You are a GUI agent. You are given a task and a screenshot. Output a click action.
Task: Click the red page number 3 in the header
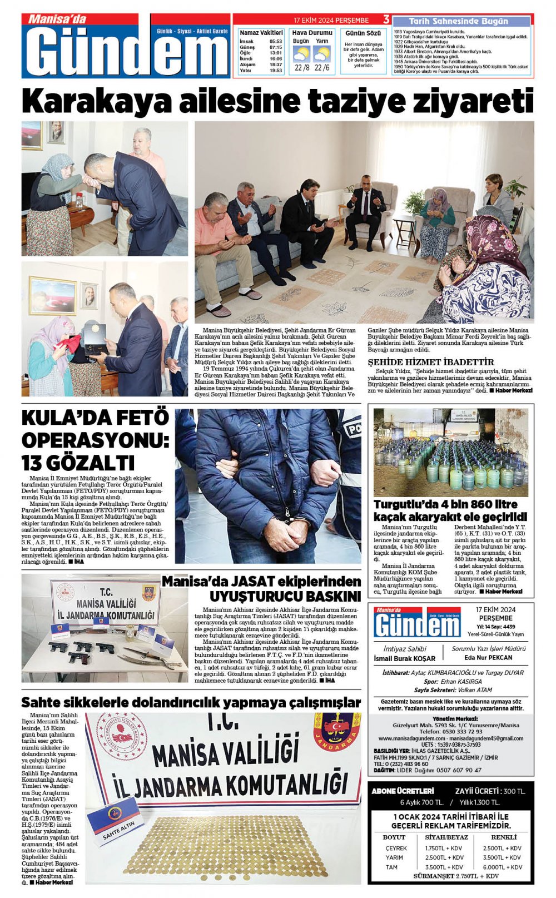pyautogui.click(x=386, y=20)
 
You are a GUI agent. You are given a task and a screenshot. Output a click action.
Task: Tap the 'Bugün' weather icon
pyautogui.click(x=301, y=54)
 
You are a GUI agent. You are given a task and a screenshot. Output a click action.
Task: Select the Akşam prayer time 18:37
pyautogui.click(x=276, y=65)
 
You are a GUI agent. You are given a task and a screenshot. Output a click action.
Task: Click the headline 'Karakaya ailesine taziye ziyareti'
pyautogui.click(x=277, y=101)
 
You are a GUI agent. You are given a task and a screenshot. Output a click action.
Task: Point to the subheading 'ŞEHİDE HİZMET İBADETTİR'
pyautogui.click(x=423, y=362)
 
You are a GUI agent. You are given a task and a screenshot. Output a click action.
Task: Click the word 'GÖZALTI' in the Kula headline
pyautogui.click(x=78, y=463)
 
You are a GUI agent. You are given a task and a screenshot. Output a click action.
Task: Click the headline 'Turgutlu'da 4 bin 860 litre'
pyautogui.click(x=445, y=504)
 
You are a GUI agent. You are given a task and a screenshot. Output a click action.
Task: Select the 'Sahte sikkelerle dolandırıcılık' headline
pyautogui.click(x=191, y=702)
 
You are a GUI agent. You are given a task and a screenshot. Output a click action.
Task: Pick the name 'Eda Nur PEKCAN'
pyautogui.click(x=488, y=657)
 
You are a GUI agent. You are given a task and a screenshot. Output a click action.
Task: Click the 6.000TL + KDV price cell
pyautogui.click(x=502, y=867)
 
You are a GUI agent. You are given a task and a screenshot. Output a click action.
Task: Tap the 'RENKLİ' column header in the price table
pyautogui.click(x=504, y=837)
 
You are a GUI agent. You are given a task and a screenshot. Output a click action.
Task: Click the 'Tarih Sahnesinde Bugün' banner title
pyautogui.click(x=458, y=21)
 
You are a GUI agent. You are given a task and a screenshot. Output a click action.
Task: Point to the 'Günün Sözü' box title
pyautogui.click(x=363, y=34)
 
